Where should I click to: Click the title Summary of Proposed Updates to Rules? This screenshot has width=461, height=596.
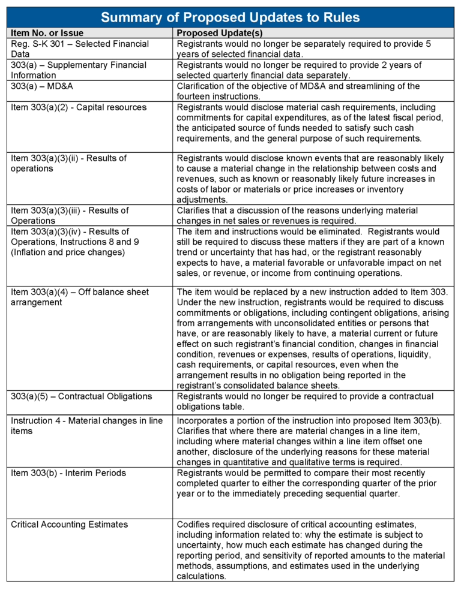pyautogui.click(x=230, y=17)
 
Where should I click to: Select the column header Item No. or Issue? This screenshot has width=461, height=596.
pyautogui.click(x=47, y=33)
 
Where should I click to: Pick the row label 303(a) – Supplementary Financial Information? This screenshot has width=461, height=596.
pyautogui.click(x=79, y=70)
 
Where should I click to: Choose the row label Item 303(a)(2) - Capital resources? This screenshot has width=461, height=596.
pyautogui.click(x=79, y=107)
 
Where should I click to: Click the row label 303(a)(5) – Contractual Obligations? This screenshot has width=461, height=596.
pyautogui.click(x=81, y=396)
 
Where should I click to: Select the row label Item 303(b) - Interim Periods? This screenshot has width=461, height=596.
pyautogui.click(x=68, y=473)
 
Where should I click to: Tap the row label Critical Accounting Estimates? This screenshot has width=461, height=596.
pyautogui.click(x=70, y=525)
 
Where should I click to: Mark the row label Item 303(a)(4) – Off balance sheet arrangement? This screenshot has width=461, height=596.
pyautogui.click(x=80, y=297)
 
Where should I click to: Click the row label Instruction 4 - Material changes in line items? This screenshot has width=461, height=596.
pyautogui.click(x=86, y=426)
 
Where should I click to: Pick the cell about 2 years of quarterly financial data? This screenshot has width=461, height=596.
pyautogui.click(x=300, y=70)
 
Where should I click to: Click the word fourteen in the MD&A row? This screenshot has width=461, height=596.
pyautogui.click(x=196, y=96)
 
